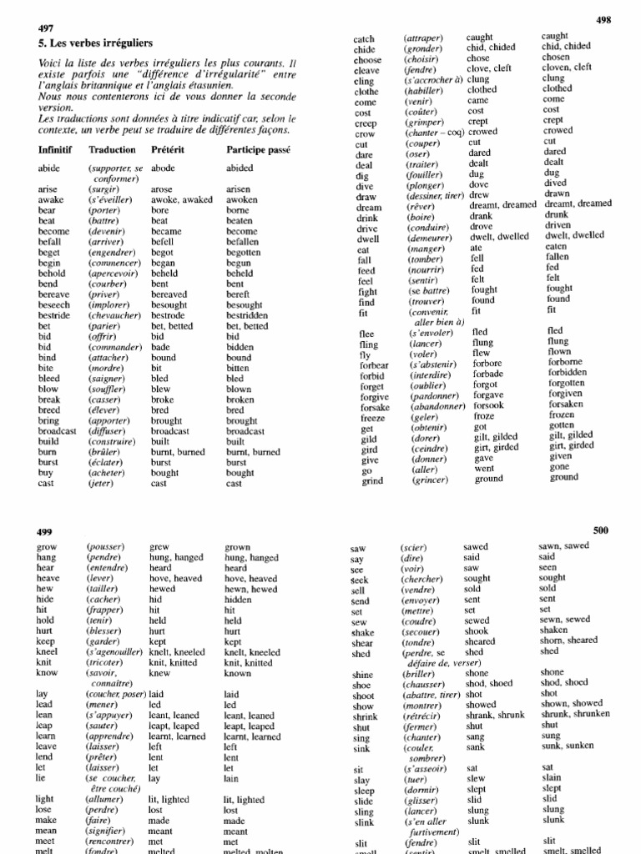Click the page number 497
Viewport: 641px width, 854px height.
coord(46,28)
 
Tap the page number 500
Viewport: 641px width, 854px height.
coord(601,530)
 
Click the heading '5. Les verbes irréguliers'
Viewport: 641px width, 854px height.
coord(94,43)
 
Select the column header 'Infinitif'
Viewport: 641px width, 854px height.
coord(55,150)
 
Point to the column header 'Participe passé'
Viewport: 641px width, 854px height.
coord(258,150)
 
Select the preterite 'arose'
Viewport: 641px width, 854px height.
coord(162,189)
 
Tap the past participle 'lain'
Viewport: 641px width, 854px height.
coord(232,778)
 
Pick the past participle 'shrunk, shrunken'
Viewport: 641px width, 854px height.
coord(575,714)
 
